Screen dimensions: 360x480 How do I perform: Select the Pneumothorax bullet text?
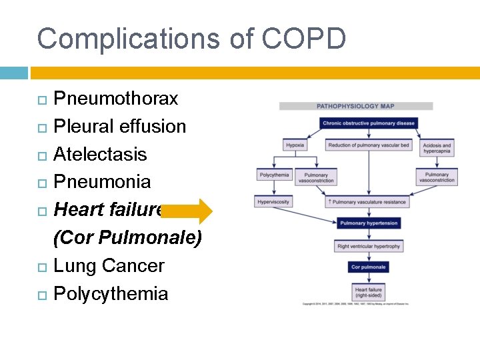(115, 99)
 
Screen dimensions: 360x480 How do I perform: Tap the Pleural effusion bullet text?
(119, 127)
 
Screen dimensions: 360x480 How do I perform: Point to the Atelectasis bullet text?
(100, 154)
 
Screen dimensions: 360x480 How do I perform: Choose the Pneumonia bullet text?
(102, 182)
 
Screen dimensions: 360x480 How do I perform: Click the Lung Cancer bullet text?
(109, 265)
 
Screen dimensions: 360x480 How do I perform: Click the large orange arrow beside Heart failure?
(186, 211)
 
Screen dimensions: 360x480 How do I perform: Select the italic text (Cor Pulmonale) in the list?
(127, 238)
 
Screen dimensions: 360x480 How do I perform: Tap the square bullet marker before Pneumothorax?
(42, 99)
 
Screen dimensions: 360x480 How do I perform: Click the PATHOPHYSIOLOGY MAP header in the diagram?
(356, 106)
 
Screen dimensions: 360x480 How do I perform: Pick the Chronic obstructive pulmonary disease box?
(369, 123)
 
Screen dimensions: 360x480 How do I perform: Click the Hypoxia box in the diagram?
(295, 145)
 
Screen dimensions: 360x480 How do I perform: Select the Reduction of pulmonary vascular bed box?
(369, 145)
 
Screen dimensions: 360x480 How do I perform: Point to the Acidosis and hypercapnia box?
(437, 148)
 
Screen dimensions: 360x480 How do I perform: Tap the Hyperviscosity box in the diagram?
(273, 201)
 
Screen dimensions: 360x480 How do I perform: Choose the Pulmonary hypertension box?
(369, 223)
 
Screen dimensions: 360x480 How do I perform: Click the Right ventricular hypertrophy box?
(369, 246)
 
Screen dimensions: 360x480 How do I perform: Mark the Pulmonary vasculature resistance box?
(369, 201)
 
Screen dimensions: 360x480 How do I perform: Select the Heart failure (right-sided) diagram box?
(369, 292)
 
